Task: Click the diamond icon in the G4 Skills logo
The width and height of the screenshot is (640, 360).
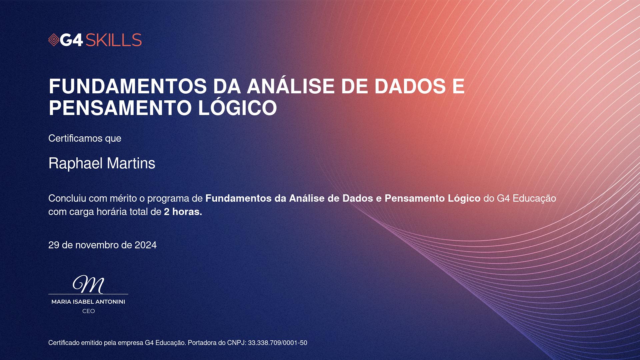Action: tap(54, 40)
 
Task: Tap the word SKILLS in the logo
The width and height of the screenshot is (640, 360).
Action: tap(114, 40)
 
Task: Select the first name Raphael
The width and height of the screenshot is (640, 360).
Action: tap(75, 163)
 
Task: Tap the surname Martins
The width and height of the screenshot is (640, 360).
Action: tap(131, 163)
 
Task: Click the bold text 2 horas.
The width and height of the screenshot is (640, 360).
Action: tap(183, 212)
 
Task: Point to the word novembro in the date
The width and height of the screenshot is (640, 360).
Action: tap(97, 245)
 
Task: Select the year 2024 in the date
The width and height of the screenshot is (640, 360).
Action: tap(146, 245)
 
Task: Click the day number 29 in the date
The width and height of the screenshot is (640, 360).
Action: tap(54, 245)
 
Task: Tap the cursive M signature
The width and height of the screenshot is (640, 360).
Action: tap(89, 284)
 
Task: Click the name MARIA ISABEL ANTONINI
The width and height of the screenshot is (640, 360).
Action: tap(88, 302)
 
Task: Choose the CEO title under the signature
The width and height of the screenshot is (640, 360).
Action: tap(89, 311)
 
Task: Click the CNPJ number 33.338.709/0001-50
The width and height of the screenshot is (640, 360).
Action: tap(277, 343)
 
